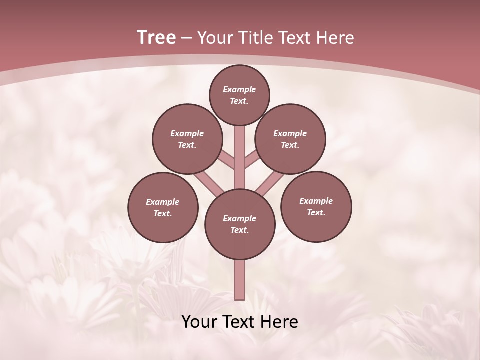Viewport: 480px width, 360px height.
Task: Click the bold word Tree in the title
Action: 156,37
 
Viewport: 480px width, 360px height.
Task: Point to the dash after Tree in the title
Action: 186,38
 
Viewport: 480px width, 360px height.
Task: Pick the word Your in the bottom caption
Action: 200,322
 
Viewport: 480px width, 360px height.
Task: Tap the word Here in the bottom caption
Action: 280,322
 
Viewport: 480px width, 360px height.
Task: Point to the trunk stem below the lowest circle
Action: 240,280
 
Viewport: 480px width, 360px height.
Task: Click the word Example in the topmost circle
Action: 239,89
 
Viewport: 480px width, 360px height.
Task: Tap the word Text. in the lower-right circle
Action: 316,212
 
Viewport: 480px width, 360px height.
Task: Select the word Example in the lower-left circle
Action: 163,202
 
